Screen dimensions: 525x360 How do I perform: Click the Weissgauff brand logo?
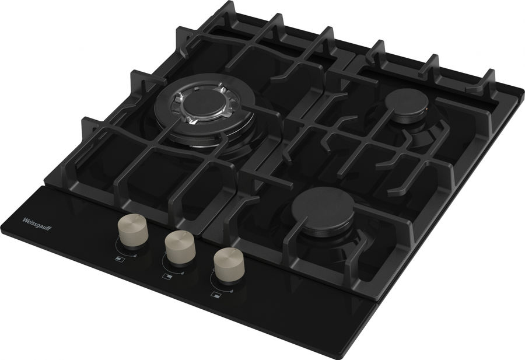coord(37,224)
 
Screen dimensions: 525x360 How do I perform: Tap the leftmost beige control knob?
coord(133,230)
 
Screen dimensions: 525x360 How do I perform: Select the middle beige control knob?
coord(180,247)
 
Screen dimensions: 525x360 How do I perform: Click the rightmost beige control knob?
coord(229,264)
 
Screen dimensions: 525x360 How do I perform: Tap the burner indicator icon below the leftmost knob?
coord(120,259)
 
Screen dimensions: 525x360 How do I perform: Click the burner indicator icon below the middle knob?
coord(167,277)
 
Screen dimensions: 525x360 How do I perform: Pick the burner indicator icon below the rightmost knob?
coord(216,295)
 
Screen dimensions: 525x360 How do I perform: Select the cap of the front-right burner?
coord(323,208)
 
